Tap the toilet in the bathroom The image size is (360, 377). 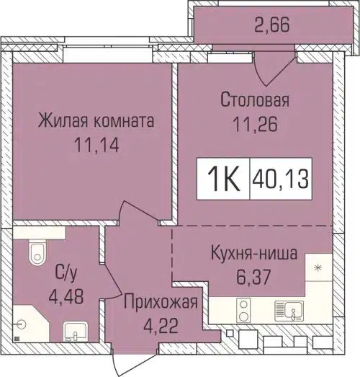point(33,252)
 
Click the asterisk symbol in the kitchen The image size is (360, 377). point(318,268)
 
